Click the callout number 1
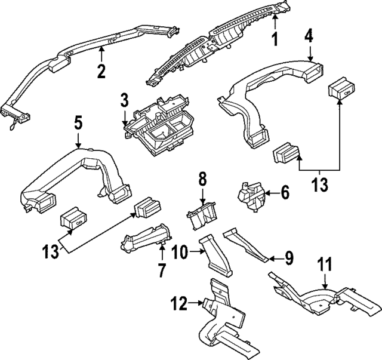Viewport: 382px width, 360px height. [x=275, y=41]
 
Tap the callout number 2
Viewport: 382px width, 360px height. [x=101, y=71]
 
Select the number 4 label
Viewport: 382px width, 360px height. [x=309, y=35]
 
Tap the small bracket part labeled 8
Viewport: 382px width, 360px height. [x=202, y=216]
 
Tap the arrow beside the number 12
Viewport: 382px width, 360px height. [x=196, y=303]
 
